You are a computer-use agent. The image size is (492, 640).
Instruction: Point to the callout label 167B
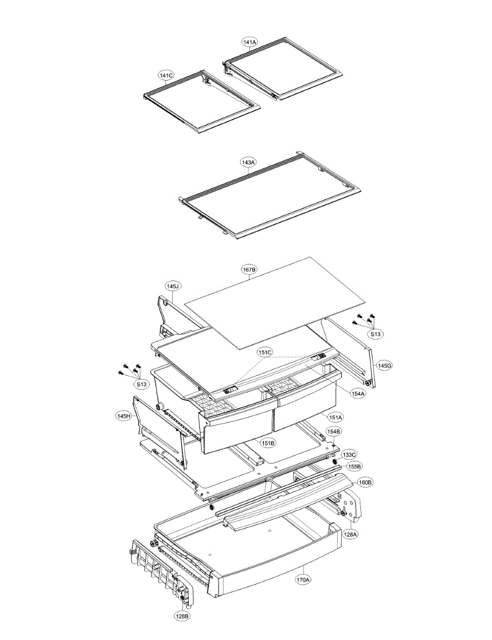(249, 270)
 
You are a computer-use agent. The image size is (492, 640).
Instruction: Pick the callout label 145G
(384, 366)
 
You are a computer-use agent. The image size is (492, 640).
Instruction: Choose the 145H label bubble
(124, 416)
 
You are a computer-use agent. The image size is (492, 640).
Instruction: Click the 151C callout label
(265, 353)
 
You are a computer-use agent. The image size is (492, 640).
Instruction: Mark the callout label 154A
(358, 393)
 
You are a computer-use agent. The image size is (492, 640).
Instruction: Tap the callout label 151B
(267, 443)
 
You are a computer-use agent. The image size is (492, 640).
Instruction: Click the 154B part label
(334, 431)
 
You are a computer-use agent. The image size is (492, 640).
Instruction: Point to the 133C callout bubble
(349, 454)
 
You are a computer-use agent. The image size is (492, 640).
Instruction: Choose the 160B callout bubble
(365, 482)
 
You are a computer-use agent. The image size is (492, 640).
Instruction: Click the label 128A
(350, 533)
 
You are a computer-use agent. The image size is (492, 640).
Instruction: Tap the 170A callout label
(303, 578)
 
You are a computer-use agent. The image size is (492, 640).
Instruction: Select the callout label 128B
(182, 617)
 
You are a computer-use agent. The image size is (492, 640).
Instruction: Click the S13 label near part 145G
(376, 334)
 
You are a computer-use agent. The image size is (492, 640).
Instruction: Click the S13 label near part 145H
(141, 383)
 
